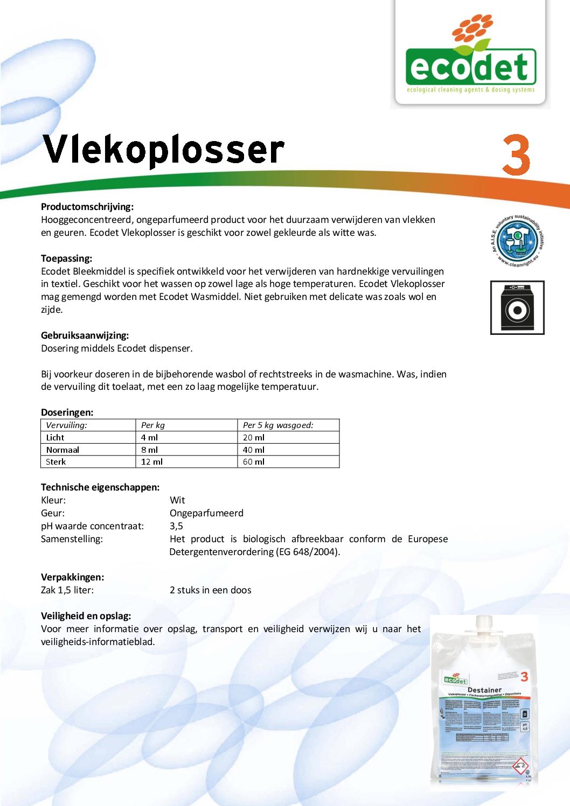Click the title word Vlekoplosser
163,150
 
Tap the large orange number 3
516,155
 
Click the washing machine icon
517,307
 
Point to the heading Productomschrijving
87,207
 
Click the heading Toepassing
66,258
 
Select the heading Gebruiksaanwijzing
85,335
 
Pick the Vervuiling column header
66,425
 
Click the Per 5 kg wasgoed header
278,425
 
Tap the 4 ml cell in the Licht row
149,438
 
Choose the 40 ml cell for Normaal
254,450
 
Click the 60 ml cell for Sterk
254,462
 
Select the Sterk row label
55,462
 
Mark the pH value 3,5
176,526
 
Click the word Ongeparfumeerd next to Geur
206,513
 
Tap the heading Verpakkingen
73,577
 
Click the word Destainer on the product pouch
484,690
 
